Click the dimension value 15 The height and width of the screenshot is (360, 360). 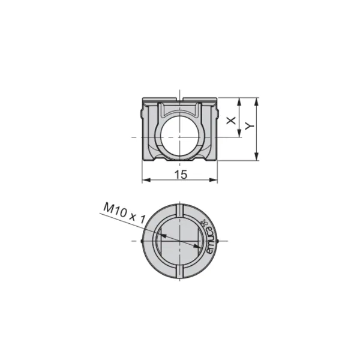(181, 175)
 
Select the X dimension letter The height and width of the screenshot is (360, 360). (231, 120)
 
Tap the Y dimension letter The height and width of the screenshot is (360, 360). (250, 126)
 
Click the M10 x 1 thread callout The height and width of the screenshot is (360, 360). (124, 213)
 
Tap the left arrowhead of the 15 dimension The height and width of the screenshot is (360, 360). (146, 180)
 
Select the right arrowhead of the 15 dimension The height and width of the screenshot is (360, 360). (213, 180)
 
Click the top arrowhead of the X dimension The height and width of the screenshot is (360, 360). (239, 102)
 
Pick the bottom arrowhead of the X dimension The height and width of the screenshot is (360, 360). (239, 133)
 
